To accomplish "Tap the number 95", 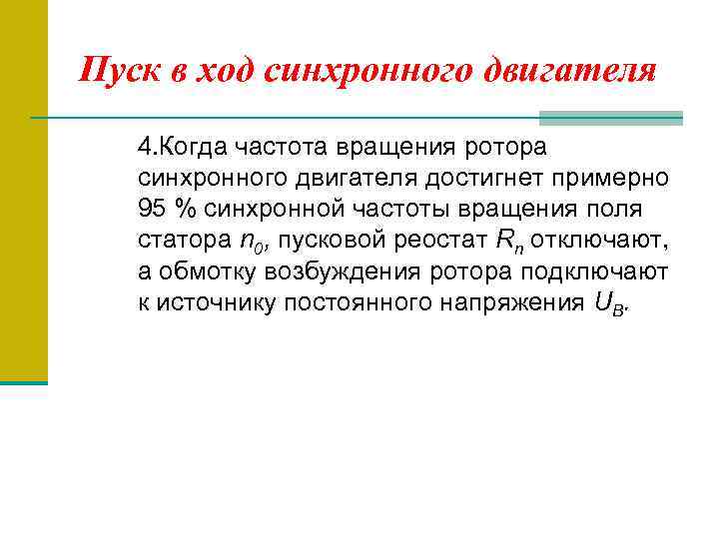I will point(154,210).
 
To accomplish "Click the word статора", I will point(183,241).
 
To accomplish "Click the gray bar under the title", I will point(610,118).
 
